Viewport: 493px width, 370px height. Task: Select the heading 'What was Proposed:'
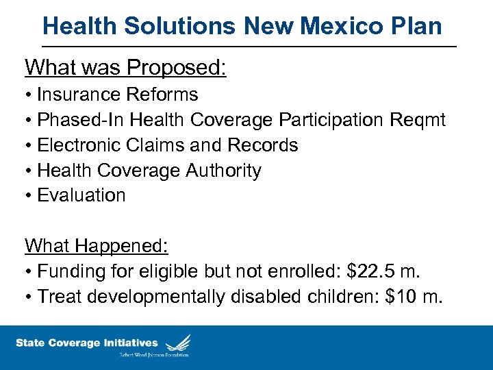[125, 68]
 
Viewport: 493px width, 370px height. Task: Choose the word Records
[263, 145]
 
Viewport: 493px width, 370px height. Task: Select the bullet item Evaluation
[81, 195]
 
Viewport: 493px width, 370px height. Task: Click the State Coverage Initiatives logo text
[86, 343]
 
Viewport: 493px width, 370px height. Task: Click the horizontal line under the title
[249, 47]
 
